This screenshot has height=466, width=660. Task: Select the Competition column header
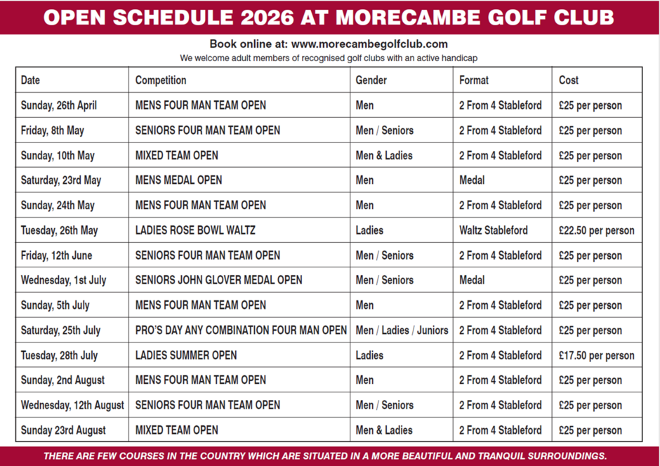coord(161,80)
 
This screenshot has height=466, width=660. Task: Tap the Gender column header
coord(371,80)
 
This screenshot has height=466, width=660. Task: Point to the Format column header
coord(474,80)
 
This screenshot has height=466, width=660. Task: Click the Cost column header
coord(569,80)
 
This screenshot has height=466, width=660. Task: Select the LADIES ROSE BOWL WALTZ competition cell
coord(195,230)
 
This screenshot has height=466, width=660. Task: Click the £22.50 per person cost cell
coord(596,230)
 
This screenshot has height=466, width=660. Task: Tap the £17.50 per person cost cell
coord(596,355)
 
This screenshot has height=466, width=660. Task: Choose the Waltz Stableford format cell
coord(494,230)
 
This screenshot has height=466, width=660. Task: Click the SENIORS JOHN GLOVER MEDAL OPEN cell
coord(218,280)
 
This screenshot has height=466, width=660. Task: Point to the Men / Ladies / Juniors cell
coord(402,330)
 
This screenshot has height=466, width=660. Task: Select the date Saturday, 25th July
coord(60,330)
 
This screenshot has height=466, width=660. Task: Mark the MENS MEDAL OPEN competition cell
coord(178,180)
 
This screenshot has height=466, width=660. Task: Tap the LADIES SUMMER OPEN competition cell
coord(186,355)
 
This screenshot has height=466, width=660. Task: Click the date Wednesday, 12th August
coord(72,405)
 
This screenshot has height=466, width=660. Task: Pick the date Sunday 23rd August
coord(63,430)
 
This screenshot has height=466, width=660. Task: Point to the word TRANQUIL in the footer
coord(477,456)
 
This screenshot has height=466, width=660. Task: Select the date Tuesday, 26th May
coord(59,230)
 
